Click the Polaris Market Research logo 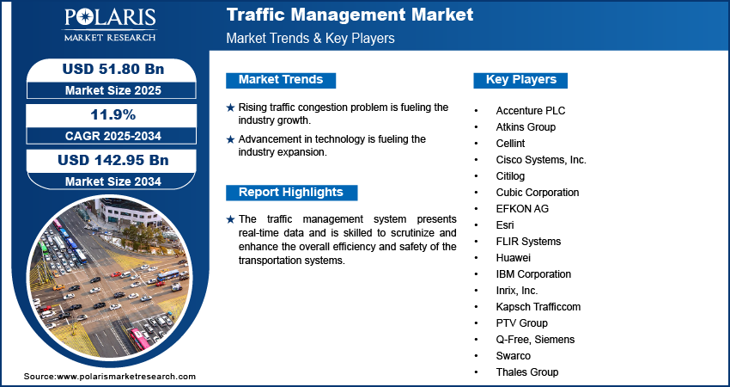pos(110,24)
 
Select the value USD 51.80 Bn pos(113,69)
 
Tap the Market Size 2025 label pos(113,90)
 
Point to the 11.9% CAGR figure pos(113,114)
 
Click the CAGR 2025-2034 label pos(113,136)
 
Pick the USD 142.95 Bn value pos(113,161)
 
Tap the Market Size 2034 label pos(113,181)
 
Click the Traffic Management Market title pos(350,15)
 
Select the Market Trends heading pos(281,80)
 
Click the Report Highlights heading pos(291,193)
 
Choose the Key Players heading pos(520,80)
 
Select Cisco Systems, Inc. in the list pos(541,160)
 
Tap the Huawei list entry pos(513,258)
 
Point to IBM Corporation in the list pos(533,274)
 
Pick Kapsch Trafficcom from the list pos(538,307)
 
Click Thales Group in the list pos(527,372)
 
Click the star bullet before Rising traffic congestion pos(230,107)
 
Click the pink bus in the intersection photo pos(139,339)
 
